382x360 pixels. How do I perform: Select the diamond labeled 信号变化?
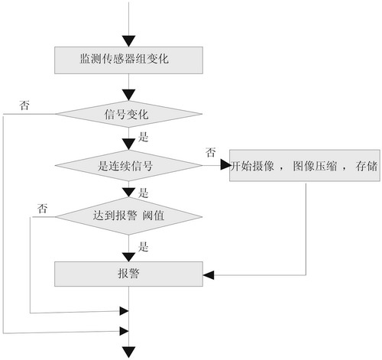tap(128, 115)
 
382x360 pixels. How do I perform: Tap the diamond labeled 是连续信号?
tap(128, 164)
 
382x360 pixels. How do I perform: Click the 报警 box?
tap(128, 272)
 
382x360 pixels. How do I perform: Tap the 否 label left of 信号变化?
tap(24, 105)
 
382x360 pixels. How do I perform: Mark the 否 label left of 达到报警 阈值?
tap(43, 207)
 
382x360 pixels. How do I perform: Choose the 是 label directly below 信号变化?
tap(144, 139)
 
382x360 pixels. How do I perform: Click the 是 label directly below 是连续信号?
tap(144, 192)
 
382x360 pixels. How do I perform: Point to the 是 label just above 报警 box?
tap(144, 246)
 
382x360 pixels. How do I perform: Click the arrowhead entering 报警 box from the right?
tap(208, 272)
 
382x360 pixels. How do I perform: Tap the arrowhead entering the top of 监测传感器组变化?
tap(128, 41)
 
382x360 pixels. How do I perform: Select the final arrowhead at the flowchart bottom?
tap(128, 352)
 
